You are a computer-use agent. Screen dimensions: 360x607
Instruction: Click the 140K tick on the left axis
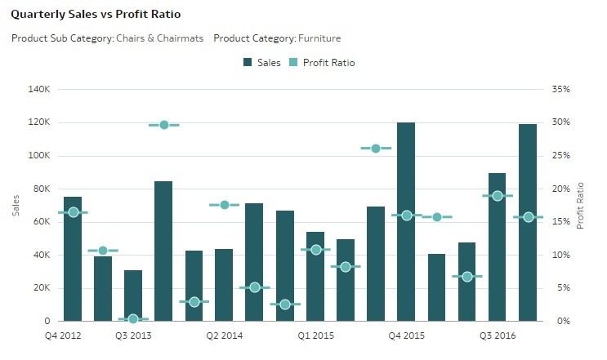(39, 89)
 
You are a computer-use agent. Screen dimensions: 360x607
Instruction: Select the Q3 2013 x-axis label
(132, 336)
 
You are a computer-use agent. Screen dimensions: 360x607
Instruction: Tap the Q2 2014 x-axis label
(224, 336)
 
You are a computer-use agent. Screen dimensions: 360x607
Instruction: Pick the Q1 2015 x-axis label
(315, 336)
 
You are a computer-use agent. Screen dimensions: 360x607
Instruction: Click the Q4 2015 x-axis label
(406, 336)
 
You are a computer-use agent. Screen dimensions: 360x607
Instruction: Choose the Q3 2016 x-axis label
(498, 336)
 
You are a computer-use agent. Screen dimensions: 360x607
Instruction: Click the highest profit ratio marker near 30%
(163, 125)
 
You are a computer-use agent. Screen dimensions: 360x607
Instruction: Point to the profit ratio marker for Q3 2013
(133, 319)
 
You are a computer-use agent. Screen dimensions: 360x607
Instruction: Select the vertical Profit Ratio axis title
(581, 205)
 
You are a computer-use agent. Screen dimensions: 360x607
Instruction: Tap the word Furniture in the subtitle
(319, 38)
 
